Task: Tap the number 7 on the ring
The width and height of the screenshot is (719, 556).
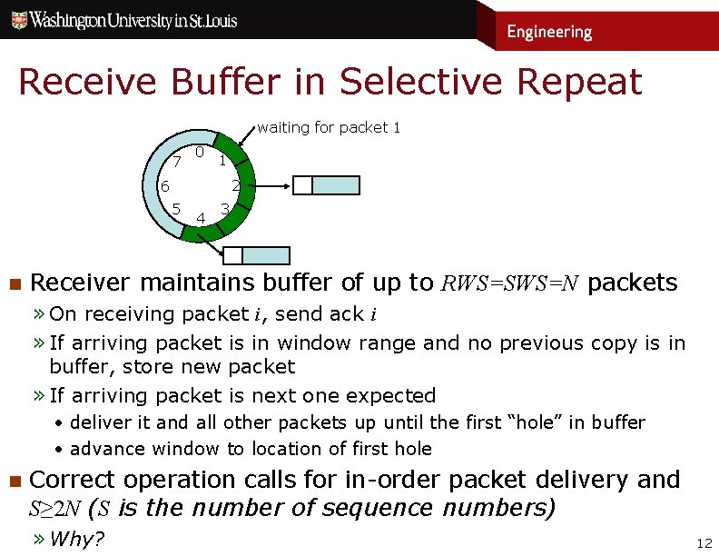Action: pos(177,162)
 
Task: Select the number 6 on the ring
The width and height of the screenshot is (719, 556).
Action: pos(164,186)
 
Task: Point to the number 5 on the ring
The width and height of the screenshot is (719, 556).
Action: pos(177,208)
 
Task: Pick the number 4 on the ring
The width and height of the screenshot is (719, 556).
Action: pos(200,217)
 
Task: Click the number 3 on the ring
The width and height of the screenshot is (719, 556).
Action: pos(224,209)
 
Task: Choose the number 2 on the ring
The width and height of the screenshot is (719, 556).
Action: pos(234,186)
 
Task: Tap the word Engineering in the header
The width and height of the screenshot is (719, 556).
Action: pos(549,32)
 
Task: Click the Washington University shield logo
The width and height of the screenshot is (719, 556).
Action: pos(18,20)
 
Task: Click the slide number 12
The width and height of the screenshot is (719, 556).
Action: pos(703,543)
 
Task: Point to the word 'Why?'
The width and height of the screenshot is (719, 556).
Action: pos(77,539)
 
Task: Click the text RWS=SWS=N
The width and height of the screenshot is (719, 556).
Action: pos(510,283)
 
